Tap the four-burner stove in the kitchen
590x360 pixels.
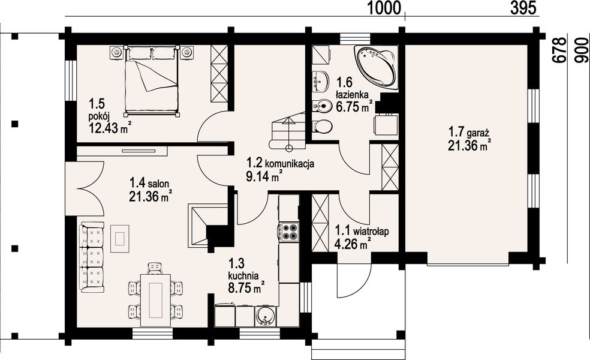[x=288, y=232]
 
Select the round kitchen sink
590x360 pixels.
[x=266, y=316]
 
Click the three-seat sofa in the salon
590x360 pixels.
[x=92, y=257]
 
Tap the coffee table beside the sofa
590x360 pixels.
[x=120, y=239]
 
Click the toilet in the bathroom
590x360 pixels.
[x=322, y=126]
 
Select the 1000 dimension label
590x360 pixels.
[x=383, y=8]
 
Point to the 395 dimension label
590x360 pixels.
[x=523, y=8]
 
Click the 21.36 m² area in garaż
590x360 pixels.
[x=469, y=145]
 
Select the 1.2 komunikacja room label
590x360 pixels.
[x=281, y=163]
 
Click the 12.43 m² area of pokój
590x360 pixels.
[x=110, y=128]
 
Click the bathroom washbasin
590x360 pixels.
[x=320, y=80]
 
